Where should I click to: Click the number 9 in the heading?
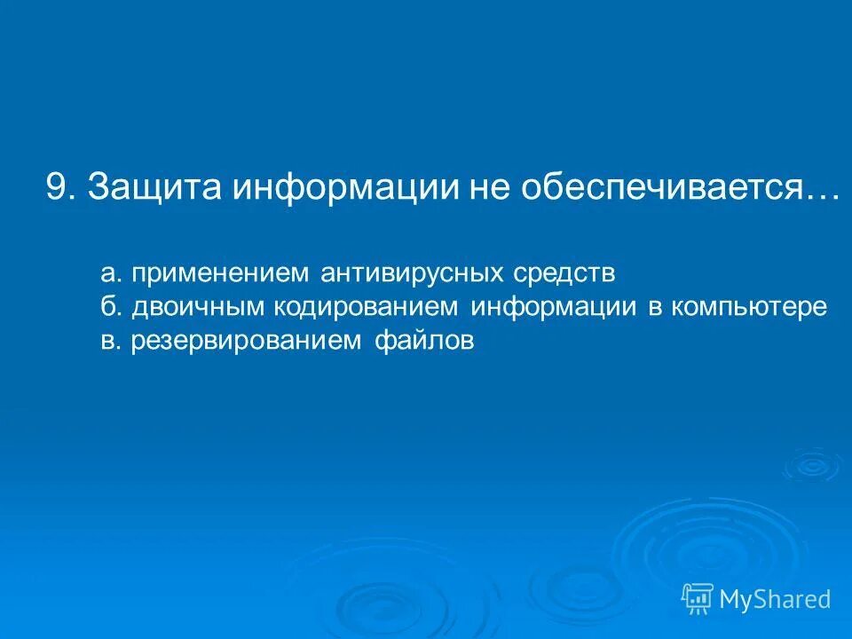click(57, 188)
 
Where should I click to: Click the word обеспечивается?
click(660, 188)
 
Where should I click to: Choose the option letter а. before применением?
click(110, 273)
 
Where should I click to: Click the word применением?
click(221, 273)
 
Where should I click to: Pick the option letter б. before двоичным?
click(110, 307)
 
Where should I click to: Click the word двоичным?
click(199, 307)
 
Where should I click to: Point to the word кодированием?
click(367, 307)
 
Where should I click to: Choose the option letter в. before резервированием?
click(110, 341)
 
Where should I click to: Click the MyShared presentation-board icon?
click(698, 599)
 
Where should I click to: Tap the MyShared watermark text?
click(775, 600)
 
